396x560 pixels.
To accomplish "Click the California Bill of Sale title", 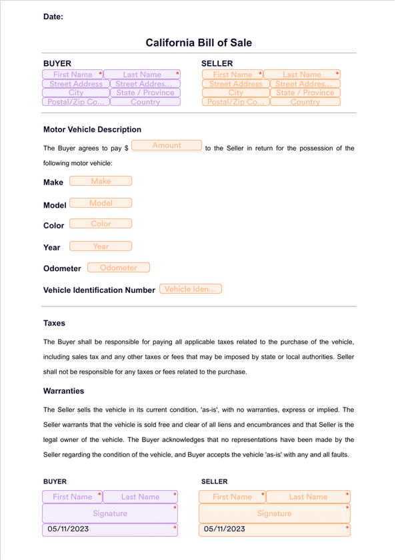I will [199, 43].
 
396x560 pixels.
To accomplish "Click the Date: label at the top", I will [53, 17].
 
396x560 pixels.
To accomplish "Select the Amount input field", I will [167, 145].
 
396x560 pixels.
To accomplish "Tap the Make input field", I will [101, 181].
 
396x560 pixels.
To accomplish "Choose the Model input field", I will [101, 203].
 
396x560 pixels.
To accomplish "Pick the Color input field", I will [101, 224].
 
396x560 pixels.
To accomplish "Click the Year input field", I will [101, 246].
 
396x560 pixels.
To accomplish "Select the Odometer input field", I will [119, 268].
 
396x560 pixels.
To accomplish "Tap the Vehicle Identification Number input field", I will [191, 289].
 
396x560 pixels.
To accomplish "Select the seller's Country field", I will [305, 103].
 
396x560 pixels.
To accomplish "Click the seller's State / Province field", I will [305, 93].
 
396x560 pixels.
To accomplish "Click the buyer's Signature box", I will [111, 513].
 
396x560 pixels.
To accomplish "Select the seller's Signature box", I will [275, 513].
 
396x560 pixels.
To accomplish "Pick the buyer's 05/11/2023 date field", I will [111, 529].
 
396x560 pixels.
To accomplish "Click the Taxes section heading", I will [54, 323].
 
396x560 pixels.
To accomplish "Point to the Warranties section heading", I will [63, 391].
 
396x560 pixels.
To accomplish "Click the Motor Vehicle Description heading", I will [92, 129].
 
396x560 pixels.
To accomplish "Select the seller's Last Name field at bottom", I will [308, 497].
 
